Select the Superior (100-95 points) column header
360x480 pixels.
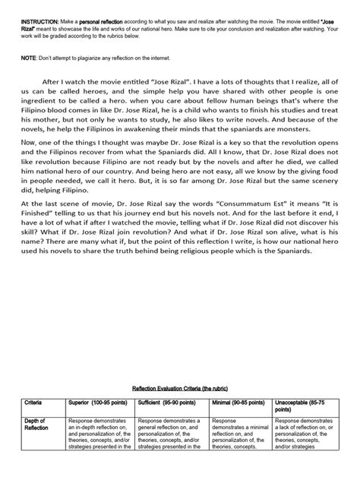click(x=99, y=420)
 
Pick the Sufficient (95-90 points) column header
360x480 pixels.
click(x=171, y=420)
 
